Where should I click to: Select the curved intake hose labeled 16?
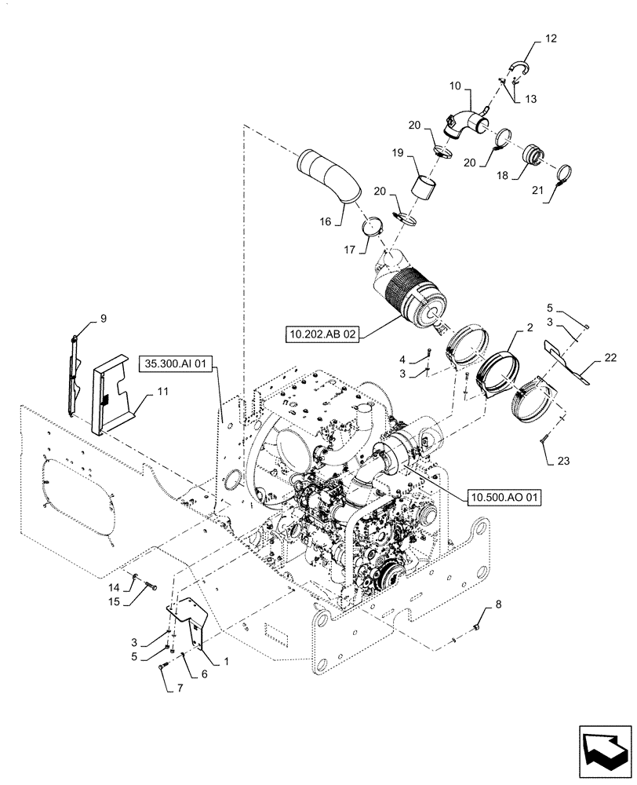[x=328, y=179]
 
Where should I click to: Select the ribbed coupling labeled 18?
[x=536, y=154]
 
